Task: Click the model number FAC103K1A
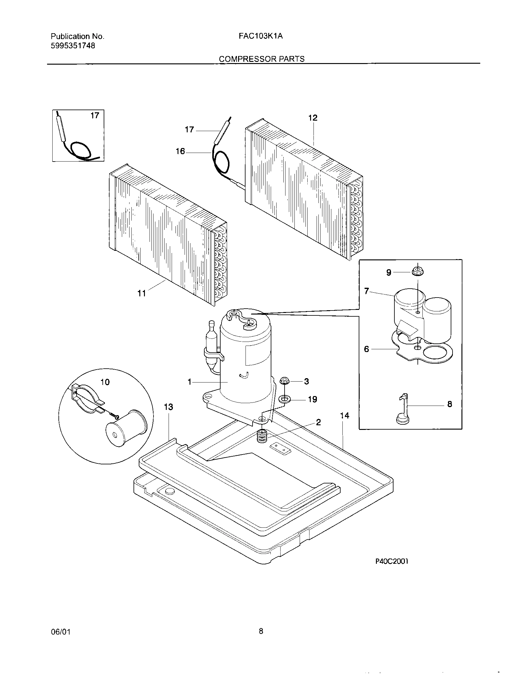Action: click(261, 36)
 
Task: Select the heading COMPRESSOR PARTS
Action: click(261, 59)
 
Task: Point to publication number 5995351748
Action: click(73, 46)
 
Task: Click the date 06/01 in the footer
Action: click(61, 632)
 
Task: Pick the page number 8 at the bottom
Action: click(261, 631)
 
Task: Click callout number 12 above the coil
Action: click(313, 118)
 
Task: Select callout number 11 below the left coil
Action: click(142, 293)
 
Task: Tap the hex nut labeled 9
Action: click(418, 272)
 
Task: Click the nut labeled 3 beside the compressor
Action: click(285, 381)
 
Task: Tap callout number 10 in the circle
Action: click(105, 382)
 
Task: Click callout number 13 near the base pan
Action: click(168, 407)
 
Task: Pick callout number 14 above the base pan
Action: click(345, 416)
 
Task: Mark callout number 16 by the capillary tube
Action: click(180, 151)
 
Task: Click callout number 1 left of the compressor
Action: click(190, 382)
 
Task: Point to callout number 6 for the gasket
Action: click(366, 349)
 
